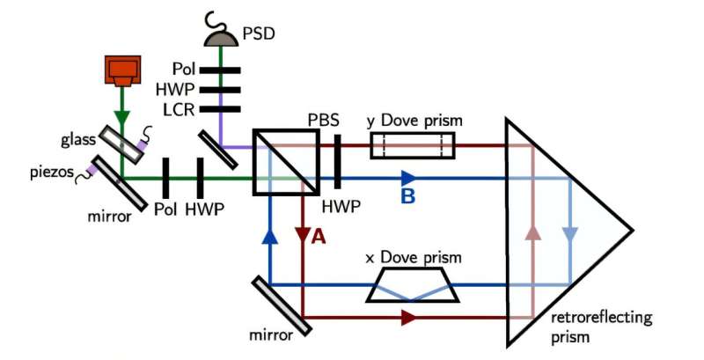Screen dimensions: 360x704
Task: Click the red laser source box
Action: pyautogui.click(x=122, y=71)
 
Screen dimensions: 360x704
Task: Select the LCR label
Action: pyautogui.click(x=177, y=109)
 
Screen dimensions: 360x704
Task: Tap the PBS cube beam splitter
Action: pyautogui.click(x=286, y=161)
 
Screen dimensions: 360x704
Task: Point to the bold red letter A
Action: pyautogui.click(x=319, y=237)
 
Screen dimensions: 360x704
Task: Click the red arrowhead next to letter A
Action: pyautogui.click(x=302, y=235)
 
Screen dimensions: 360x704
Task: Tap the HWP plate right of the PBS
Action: pyautogui.click(x=337, y=161)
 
